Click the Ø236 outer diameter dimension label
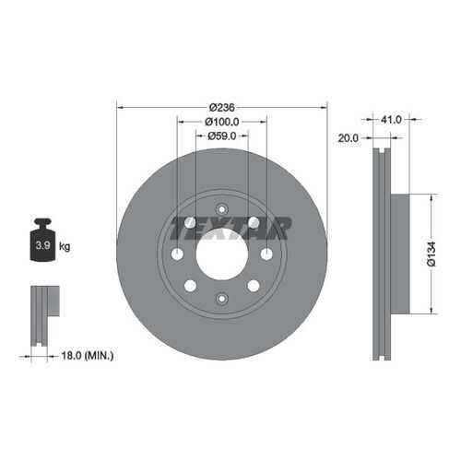(x=222, y=108)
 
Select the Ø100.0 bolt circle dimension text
(x=222, y=122)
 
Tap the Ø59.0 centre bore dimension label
(x=222, y=136)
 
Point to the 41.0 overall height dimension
(x=391, y=120)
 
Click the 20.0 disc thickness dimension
(x=348, y=138)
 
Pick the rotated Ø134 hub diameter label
(x=431, y=254)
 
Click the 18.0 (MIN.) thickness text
(x=88, y=356)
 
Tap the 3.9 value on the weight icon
(x=42, y=245)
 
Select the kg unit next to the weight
(x=65, y=246)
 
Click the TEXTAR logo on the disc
(x=230, y=229)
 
